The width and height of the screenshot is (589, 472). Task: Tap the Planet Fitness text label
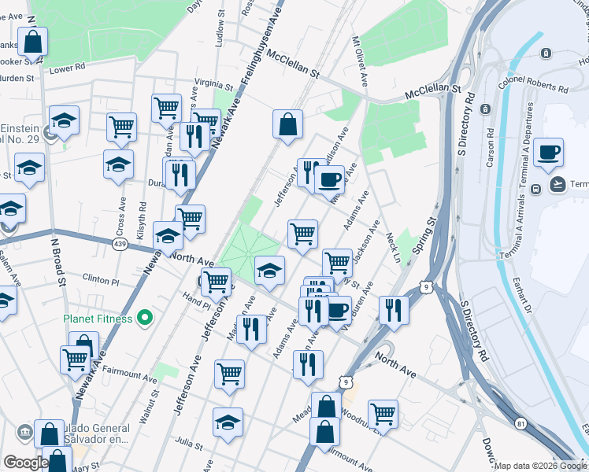[98, 319]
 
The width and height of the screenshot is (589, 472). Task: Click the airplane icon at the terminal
[558, 184]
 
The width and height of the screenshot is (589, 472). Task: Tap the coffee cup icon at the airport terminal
[548, 153]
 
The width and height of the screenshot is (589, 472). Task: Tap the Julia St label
[190, 441]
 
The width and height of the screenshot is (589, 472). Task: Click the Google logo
[25, 463]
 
